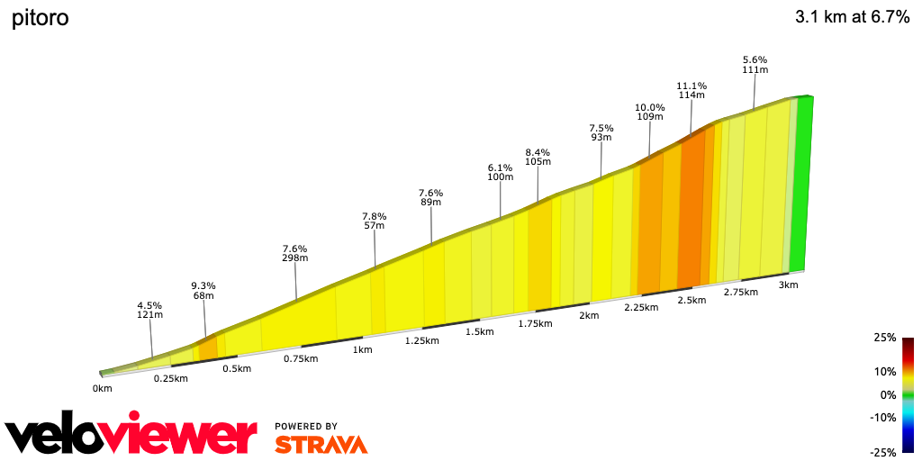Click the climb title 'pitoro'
click(x=40, y=19)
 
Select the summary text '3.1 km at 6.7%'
click(x=852, y=17)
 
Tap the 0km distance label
click(x=102, y=389)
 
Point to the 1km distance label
click(x=363, y=349)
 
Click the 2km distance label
click(x=589, y=315)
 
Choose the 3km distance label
click(x=788, y=285)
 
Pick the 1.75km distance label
click(x=535, y=323)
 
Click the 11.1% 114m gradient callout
click(x=691, y=90)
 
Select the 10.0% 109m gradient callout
click(x=649, y=112)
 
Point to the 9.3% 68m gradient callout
click(x=203, y=291)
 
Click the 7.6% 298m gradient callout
click(x=295, y=253)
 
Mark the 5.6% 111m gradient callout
click(x=755, y=65)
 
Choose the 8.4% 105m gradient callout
click(x=538, y=157)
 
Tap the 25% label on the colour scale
click(x=885, y=338)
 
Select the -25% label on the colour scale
click(x=883, y=452)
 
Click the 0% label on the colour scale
click(x=888, y=394)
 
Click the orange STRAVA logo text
click(x=321, y=444)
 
